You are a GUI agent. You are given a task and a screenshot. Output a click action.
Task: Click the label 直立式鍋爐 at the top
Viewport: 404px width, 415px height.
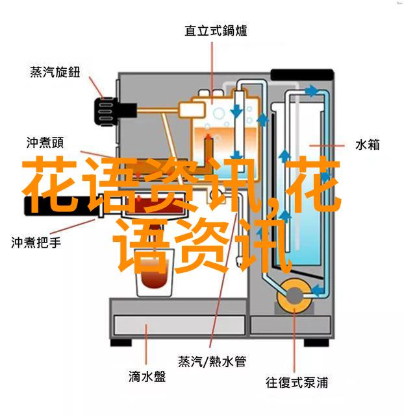pyautogui.click(x=216, y=30)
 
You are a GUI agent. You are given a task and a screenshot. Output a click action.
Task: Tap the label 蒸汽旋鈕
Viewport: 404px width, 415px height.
pyautogui.click(x=55, y=72)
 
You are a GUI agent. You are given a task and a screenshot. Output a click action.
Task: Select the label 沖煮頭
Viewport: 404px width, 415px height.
pyautogui.click(x=45, y=143)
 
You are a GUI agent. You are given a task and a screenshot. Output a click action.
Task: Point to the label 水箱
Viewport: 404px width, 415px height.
pyautogui.click(x=367, y=145)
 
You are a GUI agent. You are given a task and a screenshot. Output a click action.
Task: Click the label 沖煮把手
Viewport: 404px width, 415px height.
pyautogui.click(x=36, y=243)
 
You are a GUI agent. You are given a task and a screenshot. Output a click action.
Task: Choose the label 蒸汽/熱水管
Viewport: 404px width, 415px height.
pyautogui.click(x=212, y=362)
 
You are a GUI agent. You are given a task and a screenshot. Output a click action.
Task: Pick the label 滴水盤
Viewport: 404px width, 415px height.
pyautogui.click(x=147, y=376)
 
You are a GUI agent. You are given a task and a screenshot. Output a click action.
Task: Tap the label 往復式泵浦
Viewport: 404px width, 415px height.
pyautogui.click(x=297, y=383)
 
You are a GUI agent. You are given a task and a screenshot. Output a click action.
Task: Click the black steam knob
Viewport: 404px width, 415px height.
pyautogui.click(x=106, y=111)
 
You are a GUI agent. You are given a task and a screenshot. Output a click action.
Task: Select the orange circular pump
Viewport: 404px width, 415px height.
pyautogui.click(x=294, y=296)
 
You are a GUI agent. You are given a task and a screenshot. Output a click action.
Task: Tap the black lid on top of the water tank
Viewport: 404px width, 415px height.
pyautogui.click(x=302, y=75)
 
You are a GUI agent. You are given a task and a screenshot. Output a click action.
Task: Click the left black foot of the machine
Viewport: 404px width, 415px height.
pyautogui.click(x=121, y=342)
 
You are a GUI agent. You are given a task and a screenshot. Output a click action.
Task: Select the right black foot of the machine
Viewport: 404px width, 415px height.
pyautogui.click(x=316, y=343)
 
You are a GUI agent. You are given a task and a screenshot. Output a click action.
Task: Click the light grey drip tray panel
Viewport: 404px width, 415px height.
pyautogui.click(x=179, y=326)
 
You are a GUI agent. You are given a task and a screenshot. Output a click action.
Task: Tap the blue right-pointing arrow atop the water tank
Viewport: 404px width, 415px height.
pyautogui.click(x=312, y=91)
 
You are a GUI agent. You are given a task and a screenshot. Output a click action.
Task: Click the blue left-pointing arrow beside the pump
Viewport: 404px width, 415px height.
pyautogui.click(x=318, y=290)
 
